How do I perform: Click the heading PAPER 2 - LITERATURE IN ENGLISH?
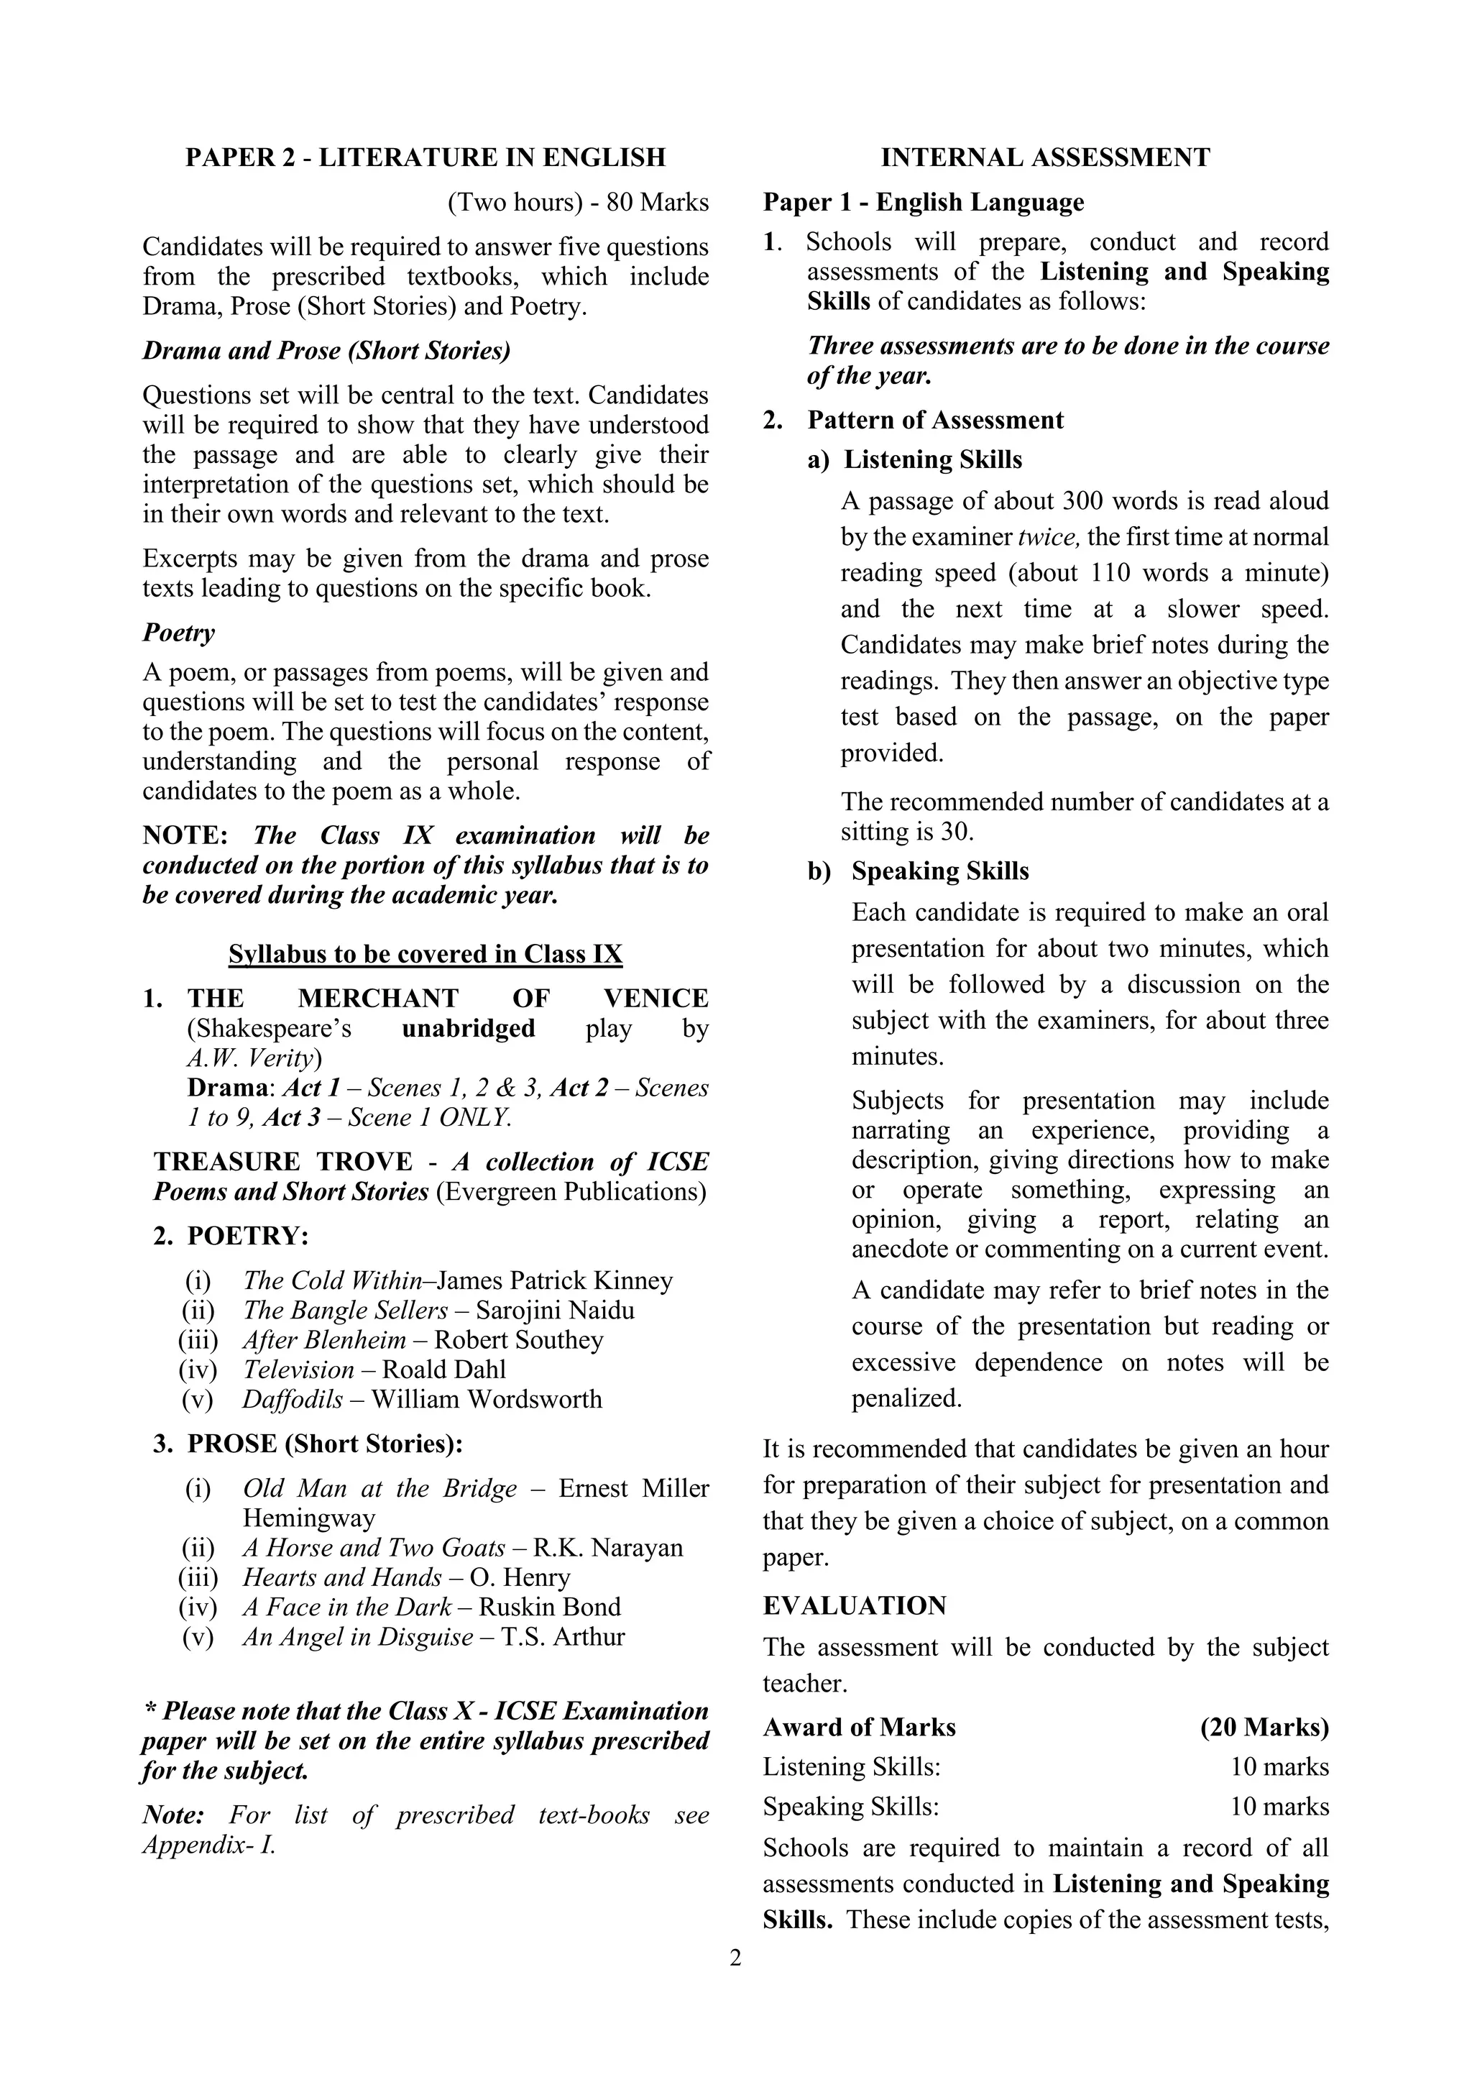425,157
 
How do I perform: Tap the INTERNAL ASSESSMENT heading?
1045,157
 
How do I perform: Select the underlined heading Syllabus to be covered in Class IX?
425,954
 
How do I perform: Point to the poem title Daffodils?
292,1399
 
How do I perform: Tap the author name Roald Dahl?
443,1370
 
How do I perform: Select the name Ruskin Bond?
549,1607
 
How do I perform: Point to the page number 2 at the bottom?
735,1958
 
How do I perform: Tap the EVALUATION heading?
854,1606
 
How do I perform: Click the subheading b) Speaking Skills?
918,871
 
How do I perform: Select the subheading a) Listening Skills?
914,459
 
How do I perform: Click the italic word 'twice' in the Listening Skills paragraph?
1049,537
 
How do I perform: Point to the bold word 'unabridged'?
468,1028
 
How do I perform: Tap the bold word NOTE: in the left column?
185,835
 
